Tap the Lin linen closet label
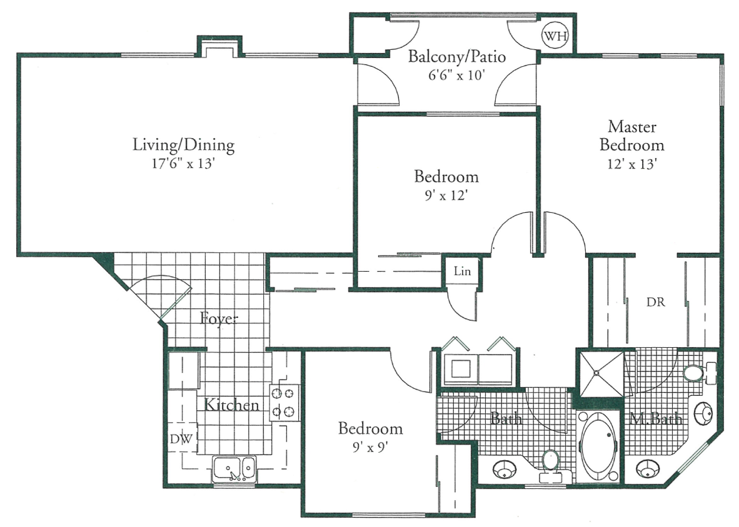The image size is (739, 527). [462, 272]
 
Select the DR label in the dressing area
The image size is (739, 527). [656, 303]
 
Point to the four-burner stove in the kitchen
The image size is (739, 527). [284, 402]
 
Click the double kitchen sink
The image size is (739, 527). [234, 468]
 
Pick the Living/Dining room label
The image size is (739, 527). [183, 145]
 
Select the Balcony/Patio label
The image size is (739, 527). [456, 57]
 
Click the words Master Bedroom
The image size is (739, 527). [632, 136]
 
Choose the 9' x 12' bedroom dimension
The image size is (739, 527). [446, 195]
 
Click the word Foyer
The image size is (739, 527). [219, 318]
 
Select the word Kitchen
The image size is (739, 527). [232, 405]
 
